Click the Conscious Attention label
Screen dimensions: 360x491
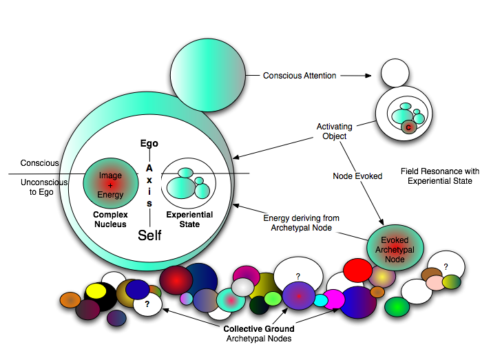pyautogui.click(x=300, y=76)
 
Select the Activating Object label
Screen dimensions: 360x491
pyautogui.click(x=335, y=131)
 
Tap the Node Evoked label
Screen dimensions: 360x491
pyautogui.click(x=357, y=176)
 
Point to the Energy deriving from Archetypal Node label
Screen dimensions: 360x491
pyautogui.click(x=302, y=222)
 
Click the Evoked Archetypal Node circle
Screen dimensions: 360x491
pyautogui.click(x=395, y=250)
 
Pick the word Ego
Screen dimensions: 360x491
pyautogui.click(x=149, y=144)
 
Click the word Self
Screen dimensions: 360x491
pyautogui.click(x=149, y=235)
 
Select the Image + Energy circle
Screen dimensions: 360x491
pyautogui.click(x=111, y=184)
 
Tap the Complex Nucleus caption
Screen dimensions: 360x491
pyautogui.click(x=110, y=219)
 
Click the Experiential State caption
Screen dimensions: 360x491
pyautogui.click(x=189, y=219)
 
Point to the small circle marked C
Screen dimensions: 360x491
pyautogui.click(x=408, y=127)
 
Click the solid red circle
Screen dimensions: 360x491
pyautogui.click(x=357, y=270)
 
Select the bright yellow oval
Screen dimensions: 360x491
pyautogui.click(x=96, y=291)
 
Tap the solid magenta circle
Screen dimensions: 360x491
pyautogui.click(x=334, y=299)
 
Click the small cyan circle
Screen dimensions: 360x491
pyautogui.click(x=321, y=300)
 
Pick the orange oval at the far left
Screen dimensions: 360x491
pyautogui.click(x=70, y=299)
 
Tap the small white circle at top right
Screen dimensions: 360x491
pyautogui.click(x=395, y=73)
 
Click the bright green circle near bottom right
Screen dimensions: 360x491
pyautogui.click(x=397, y=306)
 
